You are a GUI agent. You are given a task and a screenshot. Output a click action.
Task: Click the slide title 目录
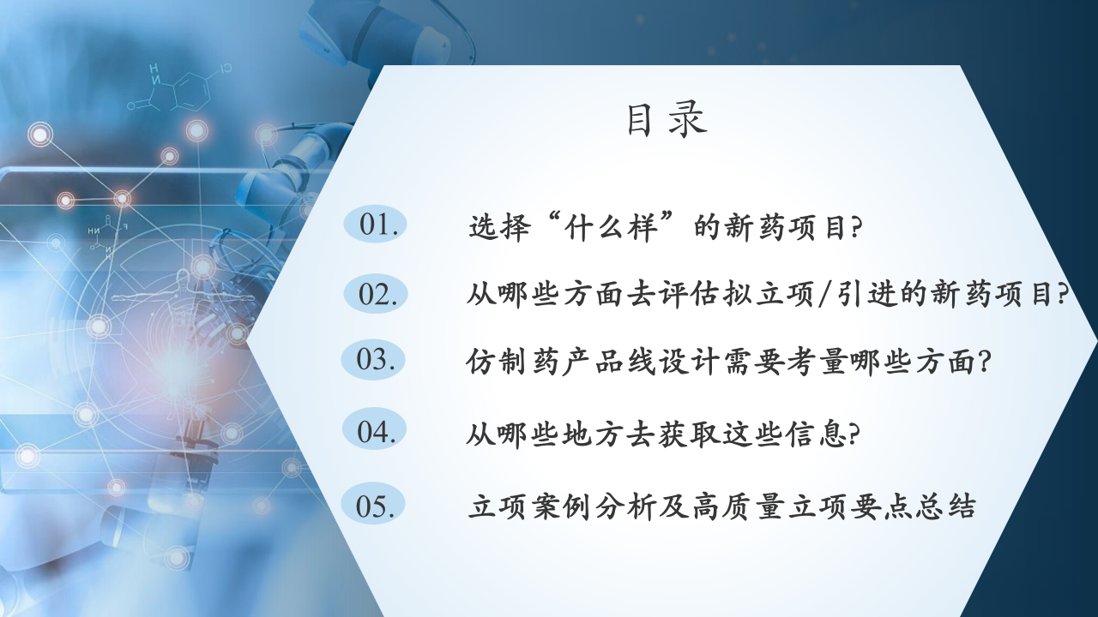click(x=667, y=119)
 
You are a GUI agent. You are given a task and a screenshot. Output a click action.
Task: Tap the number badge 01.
click(x=376, y=225)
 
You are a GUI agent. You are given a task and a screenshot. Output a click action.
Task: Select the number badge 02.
click(x=376, y=294)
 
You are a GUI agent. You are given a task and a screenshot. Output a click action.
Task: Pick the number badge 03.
click(x=373, y=359)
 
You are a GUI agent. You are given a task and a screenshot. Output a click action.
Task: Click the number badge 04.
click(x=375, y=430)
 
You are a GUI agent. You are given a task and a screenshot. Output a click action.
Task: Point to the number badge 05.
click(x=373, y=505)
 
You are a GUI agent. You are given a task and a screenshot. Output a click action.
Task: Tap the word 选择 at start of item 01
click(x=500, y=227)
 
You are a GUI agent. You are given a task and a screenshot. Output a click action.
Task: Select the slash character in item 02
click(x=825, y=295)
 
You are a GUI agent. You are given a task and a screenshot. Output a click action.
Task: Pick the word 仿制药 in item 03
click(x=512, y=362)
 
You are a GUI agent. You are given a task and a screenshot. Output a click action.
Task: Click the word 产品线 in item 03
click(x=609, y=362)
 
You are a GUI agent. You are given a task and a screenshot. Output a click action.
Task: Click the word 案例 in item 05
click(x=561, y=506)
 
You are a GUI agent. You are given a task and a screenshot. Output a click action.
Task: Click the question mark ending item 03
click(x=984, y=362)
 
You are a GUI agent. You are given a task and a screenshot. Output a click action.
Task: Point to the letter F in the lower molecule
click(x=125, y=227)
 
